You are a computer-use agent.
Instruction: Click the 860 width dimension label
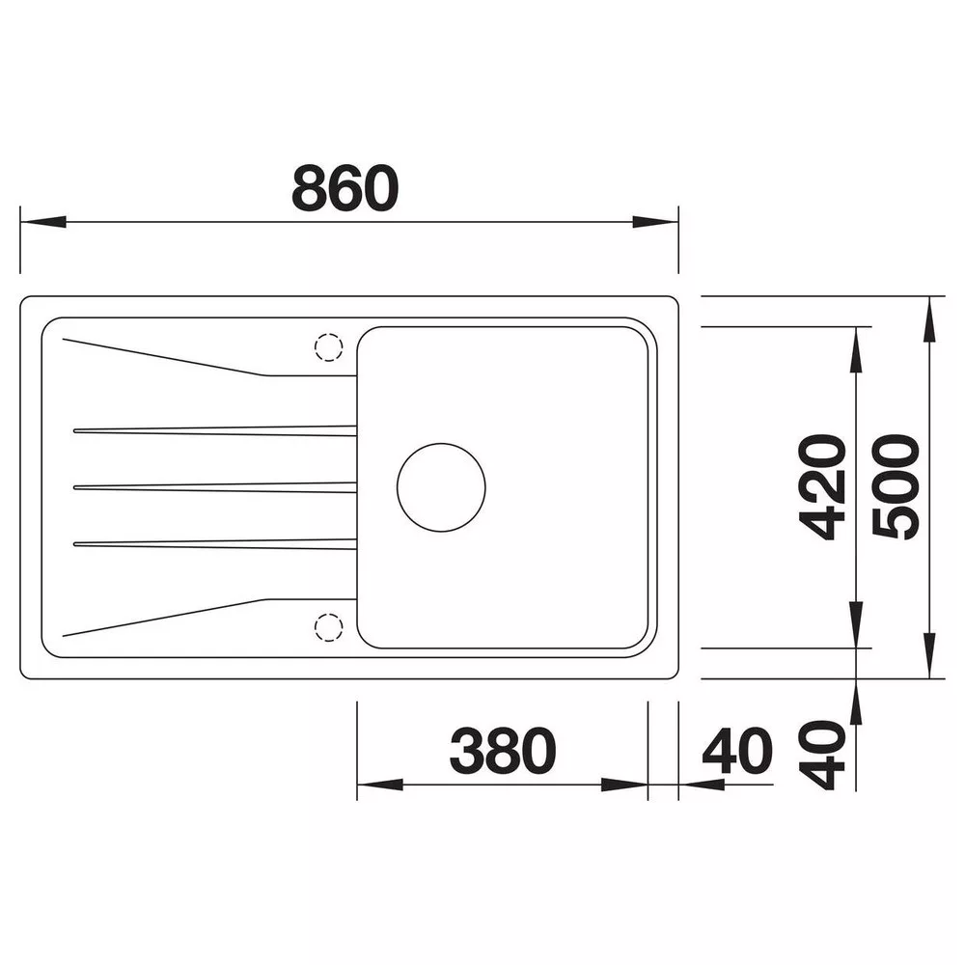(345, 188)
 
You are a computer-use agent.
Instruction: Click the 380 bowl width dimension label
(503, 751)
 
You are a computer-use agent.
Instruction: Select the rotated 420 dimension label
(821, 487)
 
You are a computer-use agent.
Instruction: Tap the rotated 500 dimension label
(896, 486)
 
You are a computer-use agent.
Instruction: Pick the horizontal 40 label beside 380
(737, 751)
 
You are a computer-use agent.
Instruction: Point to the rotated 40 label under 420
(821, 756)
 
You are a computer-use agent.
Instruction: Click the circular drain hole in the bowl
(441, 487)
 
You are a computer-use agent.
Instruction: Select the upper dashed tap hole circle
(329, 347)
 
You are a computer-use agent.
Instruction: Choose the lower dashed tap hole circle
(329, 627)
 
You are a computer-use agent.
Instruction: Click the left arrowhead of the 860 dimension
(43, 222)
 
